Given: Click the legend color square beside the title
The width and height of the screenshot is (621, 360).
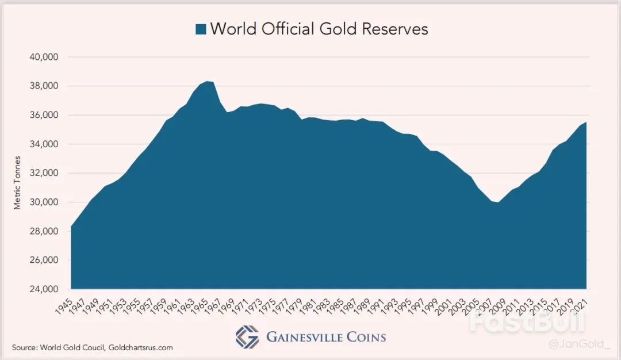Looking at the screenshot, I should [x=201, y=29].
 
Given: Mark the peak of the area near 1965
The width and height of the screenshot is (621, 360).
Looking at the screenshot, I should [x=208, y=82].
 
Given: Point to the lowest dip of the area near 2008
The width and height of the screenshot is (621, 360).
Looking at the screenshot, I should [x=499, y=202].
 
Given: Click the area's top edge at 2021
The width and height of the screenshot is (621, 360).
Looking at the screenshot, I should [x=586, y=122].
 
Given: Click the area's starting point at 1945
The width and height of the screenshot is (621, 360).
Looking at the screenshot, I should [x=71, y=226].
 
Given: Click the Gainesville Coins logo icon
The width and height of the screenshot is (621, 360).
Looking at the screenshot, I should [x=247, y=337].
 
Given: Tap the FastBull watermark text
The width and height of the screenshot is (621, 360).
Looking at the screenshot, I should [x=526, y=323].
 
